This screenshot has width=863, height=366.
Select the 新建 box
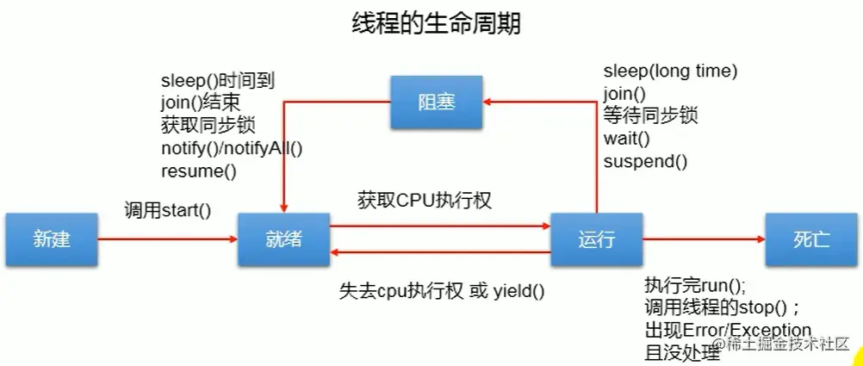(51, 239)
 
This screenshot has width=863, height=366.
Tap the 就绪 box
(283, 239)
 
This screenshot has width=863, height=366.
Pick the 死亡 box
(810, 239)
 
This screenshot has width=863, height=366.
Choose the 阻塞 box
(435, 103)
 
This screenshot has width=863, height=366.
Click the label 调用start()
(167, 209)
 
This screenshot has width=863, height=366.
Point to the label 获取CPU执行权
(425, 201)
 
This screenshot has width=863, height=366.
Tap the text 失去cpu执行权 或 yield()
(443, 290)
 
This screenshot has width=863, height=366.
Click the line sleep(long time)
(670, 71)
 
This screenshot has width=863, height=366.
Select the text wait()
(626, 138)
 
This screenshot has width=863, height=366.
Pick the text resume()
(198, 171)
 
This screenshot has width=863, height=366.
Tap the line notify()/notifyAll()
(232, 148)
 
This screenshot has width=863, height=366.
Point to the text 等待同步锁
(650, 115)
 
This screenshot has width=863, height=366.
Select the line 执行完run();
(695, 286)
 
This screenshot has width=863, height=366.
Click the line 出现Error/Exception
(728, 331)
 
